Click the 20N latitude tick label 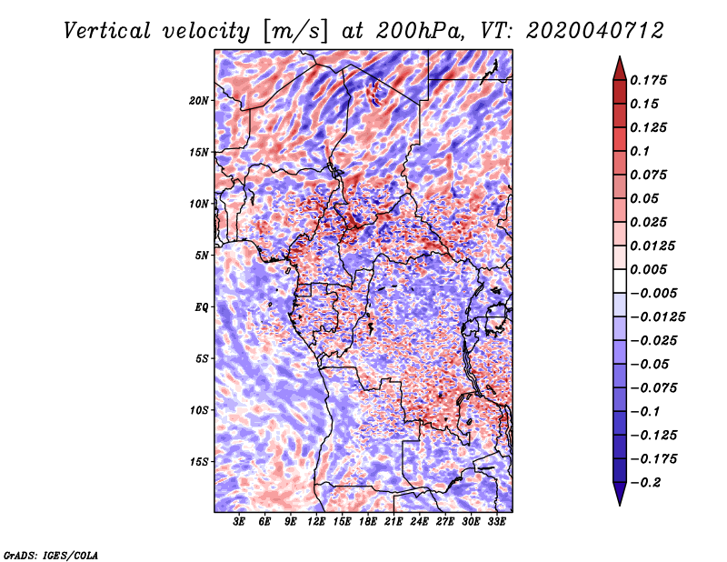(200, 100)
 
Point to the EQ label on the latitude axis (202, 306)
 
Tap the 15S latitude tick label (200, 461)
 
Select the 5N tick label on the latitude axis (203, 255)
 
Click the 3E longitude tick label (240, 522)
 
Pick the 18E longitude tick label (367, 522)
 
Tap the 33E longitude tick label (496, 522)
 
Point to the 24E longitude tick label (419, 522)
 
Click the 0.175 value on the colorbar (652, 80)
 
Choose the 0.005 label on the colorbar (652, 269)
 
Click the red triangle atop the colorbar (619, 66)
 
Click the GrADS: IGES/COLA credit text (50, 554)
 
